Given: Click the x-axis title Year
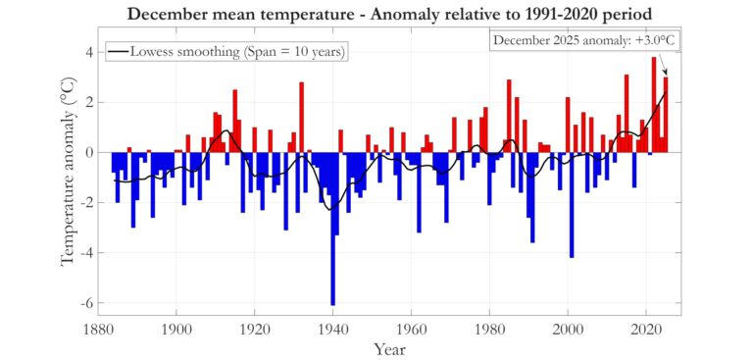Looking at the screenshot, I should tap(390, 347).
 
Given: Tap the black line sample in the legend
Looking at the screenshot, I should tap(121, 51).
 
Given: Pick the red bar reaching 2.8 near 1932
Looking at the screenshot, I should tap(301, 117).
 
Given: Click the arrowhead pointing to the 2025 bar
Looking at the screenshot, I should tap(666, 73).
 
